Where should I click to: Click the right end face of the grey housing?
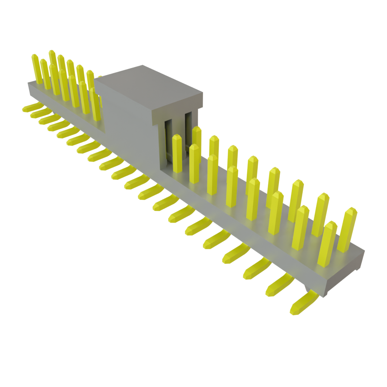tap(344, 274)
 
